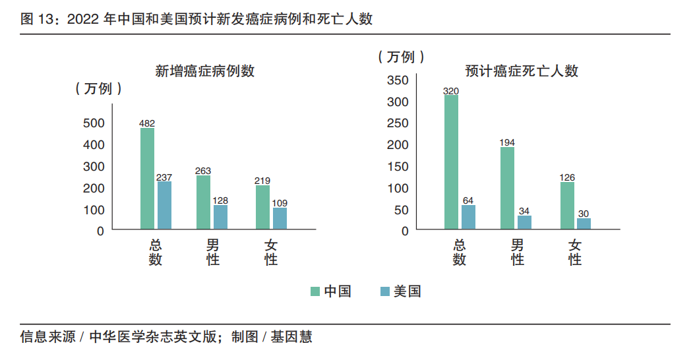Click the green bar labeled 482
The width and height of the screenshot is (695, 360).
click(147, 179)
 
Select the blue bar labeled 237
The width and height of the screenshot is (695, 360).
click(164, 206)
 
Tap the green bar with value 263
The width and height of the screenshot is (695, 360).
click(203, 202)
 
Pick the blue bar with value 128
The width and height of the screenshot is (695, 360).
click(220, 218)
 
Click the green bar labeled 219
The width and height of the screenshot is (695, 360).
click(262, 208)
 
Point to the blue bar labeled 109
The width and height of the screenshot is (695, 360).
click(280, 219)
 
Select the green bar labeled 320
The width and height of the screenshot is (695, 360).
click(451, 162)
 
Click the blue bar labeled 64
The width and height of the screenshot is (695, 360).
click(468, 218)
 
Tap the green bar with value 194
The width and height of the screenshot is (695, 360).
click(507, 189)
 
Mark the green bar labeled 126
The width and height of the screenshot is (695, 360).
click(567, 206)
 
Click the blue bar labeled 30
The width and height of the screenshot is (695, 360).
click(584, 224)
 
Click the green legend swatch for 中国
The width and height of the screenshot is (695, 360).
click(315, 291)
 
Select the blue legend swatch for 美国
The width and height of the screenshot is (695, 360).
click(385, 291)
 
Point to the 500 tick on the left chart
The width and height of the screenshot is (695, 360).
click(94, 123)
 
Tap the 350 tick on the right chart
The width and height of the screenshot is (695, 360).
click(398, 80)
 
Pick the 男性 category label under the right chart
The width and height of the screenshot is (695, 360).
click(518, 253)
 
